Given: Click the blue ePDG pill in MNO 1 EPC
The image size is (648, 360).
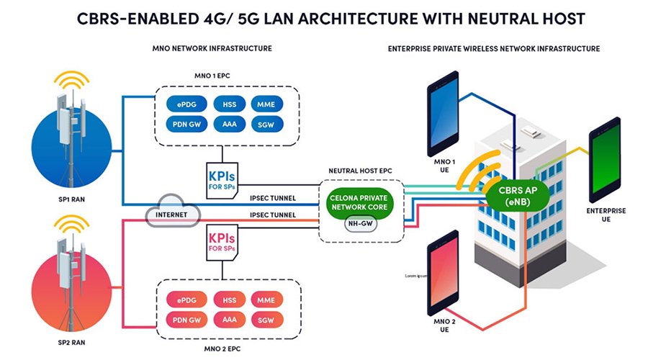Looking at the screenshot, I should pos(184,104).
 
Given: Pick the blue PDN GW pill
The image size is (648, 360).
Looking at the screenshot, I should pos(184,125).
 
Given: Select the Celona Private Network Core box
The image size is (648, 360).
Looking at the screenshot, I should pos(359,201).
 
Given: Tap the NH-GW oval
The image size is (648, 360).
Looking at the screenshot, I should pos(359,223).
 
